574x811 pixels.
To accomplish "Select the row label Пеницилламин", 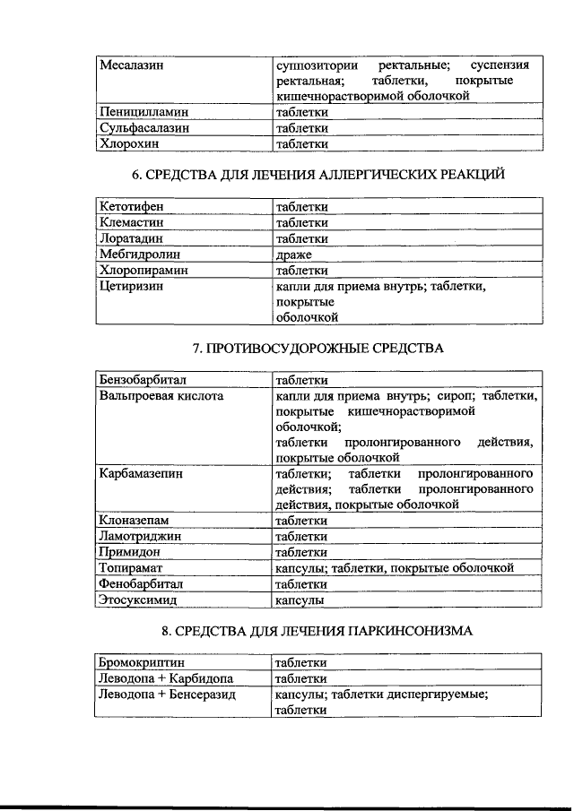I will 144,113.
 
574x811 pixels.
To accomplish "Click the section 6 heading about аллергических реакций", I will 318,174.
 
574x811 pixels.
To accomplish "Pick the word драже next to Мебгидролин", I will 293,254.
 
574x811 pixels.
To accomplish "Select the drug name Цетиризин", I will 134,286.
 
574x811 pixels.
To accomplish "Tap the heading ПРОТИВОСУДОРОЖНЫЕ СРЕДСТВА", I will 318,347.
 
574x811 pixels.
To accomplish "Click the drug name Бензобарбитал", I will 143,379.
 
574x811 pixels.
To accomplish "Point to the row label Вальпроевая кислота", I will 161,395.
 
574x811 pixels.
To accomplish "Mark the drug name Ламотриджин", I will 141,536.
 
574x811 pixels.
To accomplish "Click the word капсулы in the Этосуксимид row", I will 299,600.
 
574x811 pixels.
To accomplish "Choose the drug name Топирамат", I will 135,568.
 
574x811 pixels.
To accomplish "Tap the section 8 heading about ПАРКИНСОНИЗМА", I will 318,631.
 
